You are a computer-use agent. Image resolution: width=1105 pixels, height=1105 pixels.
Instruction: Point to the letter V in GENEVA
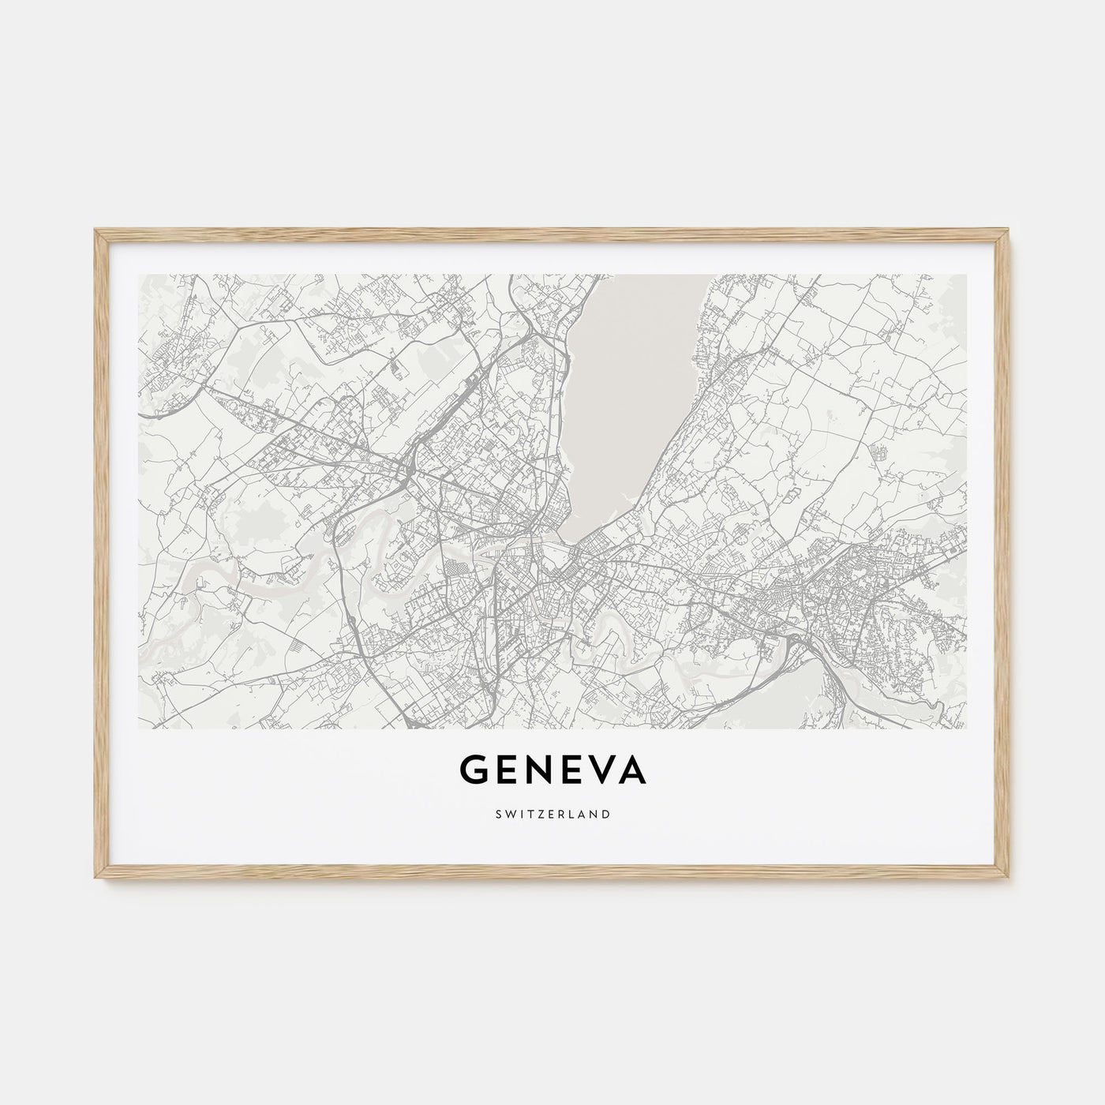click(605, 770)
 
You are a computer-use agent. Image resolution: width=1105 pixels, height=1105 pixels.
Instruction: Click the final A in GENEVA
click(635, 770)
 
